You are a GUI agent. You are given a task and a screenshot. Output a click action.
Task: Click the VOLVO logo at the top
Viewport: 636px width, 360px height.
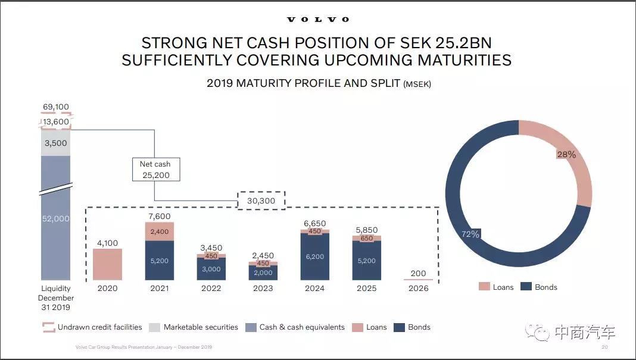(x=318, y=19)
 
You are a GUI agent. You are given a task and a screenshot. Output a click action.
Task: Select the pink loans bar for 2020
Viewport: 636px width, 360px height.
(x=108, y=264)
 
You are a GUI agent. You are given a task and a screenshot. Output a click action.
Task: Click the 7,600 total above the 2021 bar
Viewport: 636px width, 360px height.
(x=159, y=216)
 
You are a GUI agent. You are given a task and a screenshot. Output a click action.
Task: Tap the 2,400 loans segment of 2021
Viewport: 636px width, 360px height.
(x=159, y=231)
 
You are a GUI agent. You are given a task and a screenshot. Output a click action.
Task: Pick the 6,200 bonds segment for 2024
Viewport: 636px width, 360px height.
(x=314, y=256)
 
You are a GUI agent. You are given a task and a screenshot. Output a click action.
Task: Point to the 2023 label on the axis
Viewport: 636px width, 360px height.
(x=263, y=288)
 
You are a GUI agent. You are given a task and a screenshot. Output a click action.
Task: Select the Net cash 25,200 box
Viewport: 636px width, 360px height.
(x=155, y=170)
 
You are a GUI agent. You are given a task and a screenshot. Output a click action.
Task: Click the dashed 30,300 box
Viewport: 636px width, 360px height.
(x=261, y=201)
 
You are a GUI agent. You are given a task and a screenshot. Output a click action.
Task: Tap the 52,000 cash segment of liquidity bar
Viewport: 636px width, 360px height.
(x=55, y=218)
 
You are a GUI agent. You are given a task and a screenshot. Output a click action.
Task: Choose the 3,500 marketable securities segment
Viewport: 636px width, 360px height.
(x=55, y=143)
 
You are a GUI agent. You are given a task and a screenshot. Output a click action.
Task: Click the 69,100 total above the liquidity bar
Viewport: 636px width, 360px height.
(x=55, y=107)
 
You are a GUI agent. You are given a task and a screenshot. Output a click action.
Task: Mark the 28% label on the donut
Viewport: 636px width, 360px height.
(x=566, y=155)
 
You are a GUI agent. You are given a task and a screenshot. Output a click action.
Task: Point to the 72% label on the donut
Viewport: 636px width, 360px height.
(x=470, y=234)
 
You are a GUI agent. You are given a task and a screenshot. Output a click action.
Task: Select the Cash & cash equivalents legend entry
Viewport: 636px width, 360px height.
(x=295, y=327)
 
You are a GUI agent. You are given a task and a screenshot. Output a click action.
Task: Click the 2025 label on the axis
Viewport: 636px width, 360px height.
(x=366, y=288)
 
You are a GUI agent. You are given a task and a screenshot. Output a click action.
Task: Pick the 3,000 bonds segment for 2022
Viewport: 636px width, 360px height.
(x=211, y=269)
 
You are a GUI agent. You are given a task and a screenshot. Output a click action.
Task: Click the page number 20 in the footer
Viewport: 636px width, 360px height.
(x=604, y=347)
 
